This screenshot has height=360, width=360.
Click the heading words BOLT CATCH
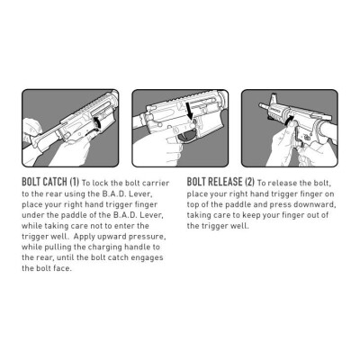click(44, 182)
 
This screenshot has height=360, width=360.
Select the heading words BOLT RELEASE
click(214, 182)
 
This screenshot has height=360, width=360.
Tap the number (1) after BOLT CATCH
click(74, 182)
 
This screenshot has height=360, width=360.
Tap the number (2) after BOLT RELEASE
click(249, 182)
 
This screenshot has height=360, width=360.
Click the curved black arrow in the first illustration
click(98, 123)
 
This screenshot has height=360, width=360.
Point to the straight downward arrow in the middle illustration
click(189, 111)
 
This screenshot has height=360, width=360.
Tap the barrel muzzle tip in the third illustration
click(260, 104)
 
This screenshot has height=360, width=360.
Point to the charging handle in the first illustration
click(45, 138)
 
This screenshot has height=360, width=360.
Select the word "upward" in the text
click(109, 237)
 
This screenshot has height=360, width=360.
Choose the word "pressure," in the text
click(147, 237)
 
